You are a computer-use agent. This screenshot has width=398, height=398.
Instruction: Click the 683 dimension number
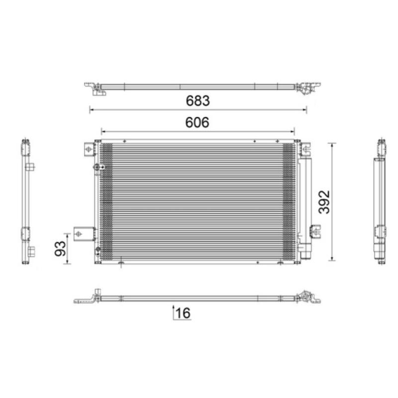(198, 100)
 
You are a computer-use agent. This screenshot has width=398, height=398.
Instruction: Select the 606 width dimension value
(198, 122)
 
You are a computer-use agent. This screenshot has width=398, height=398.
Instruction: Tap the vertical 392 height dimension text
(324, 201)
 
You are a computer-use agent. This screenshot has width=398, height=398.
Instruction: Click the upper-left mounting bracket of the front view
(89, 148)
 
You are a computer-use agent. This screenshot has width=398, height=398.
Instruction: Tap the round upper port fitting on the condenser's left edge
(96, 168)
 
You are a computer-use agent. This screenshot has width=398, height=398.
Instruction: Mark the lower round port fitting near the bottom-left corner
(98, 250)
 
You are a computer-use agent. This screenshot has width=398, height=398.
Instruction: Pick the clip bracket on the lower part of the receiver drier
(314, 230)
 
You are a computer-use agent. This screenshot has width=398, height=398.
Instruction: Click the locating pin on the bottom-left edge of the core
(121, 264)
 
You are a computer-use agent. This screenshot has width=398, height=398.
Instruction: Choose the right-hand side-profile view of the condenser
(380, 201)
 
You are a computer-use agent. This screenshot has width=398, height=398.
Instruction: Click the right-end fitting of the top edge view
(303, 88)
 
